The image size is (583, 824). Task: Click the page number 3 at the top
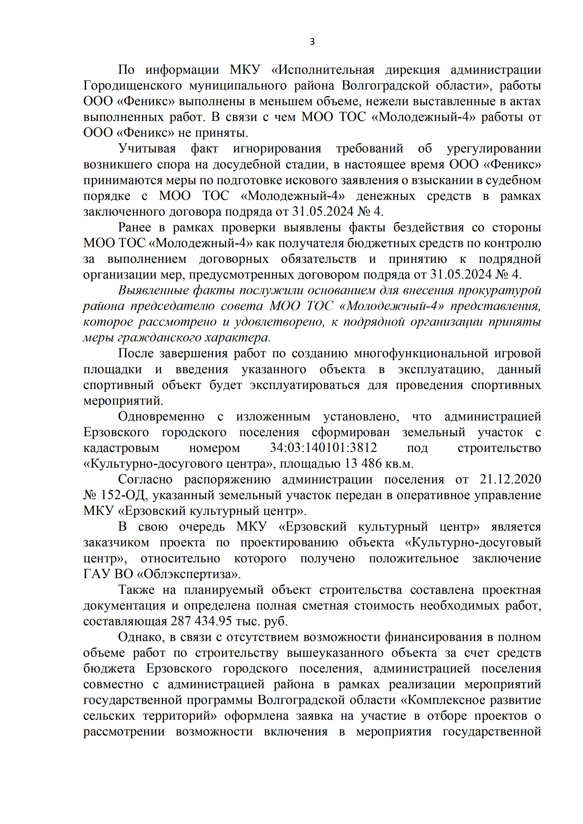312,42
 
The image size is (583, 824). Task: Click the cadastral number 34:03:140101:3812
323,448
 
